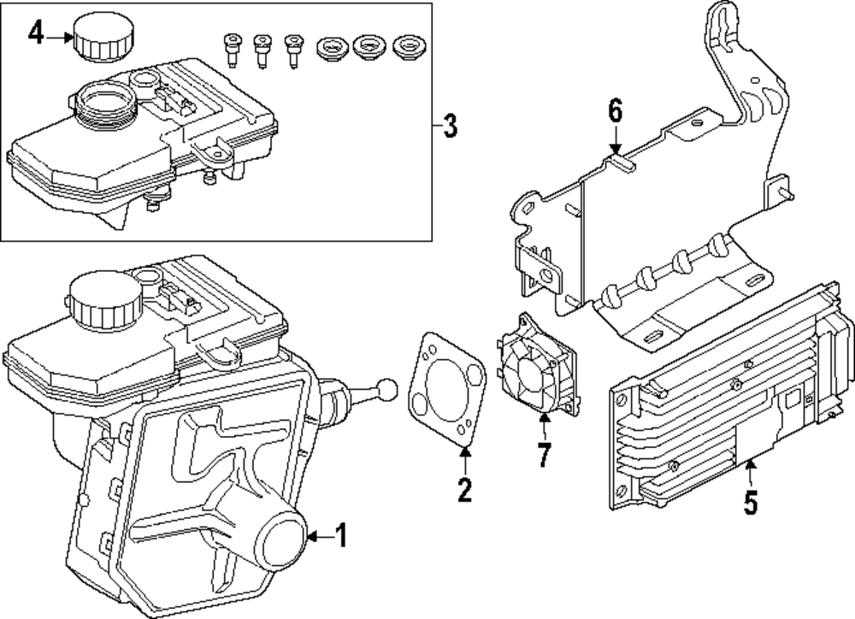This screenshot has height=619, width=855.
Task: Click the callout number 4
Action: pos(35,34)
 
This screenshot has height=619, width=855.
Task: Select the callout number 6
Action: pos(616,111)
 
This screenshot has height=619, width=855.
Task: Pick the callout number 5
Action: pos(750,502)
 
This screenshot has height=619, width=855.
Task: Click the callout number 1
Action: pos(340,536)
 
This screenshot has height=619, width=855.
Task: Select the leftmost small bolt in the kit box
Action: pos(230,49)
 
